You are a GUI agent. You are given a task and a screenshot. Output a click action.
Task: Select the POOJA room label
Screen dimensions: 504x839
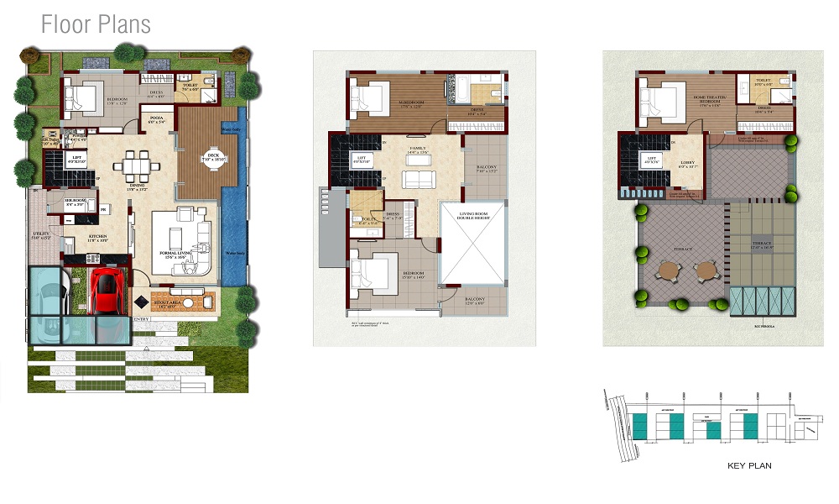[x=156, y=119]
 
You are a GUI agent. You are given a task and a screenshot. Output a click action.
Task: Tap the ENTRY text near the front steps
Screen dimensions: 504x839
[x=142, y=319]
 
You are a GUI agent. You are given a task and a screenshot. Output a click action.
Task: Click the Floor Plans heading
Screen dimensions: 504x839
[x=96, y=24]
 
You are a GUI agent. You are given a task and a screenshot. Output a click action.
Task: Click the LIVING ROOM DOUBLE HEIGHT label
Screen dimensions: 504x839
[x=472, y=214]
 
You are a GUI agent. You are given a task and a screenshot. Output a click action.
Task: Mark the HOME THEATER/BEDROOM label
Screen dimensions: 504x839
[x=710, y=99]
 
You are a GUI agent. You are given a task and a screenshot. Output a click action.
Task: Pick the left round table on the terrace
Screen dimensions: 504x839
[x=668, y=270]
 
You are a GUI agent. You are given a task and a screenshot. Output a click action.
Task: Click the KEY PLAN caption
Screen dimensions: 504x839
[x=749, y=465]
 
